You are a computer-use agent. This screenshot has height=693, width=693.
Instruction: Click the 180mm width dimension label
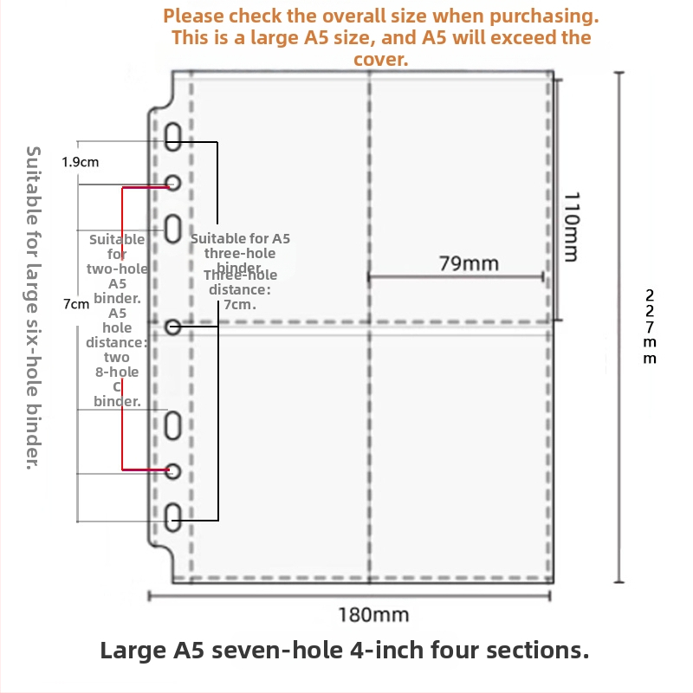(373, 615)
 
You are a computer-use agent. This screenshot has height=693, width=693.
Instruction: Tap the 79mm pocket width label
(469, 263)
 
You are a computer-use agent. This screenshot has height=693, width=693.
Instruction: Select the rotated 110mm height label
(571, 227)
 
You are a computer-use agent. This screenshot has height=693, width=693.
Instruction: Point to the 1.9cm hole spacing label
(80, 162)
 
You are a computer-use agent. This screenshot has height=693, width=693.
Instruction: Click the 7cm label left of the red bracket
(76, 304)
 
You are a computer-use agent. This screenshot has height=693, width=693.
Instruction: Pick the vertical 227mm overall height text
(649, 327)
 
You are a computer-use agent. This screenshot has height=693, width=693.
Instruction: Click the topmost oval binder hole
(172, 137)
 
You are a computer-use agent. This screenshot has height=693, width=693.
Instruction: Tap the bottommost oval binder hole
(172, 517)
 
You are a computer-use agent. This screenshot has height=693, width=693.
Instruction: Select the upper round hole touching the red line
(172, 183)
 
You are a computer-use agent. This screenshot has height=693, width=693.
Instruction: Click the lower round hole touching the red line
(172, 471)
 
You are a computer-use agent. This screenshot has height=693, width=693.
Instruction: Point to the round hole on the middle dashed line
(172, 327)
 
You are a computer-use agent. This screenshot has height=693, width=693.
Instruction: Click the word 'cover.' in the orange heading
(380, 60)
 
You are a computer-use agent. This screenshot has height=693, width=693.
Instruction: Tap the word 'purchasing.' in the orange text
(544, 16)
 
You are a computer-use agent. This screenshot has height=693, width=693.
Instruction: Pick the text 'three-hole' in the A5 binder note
(240, 253)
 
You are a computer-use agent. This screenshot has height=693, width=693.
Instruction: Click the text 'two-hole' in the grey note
(117, 269)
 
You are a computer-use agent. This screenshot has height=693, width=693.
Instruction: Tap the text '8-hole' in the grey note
(117, 372)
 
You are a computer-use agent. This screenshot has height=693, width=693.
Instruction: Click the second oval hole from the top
(172, 229)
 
